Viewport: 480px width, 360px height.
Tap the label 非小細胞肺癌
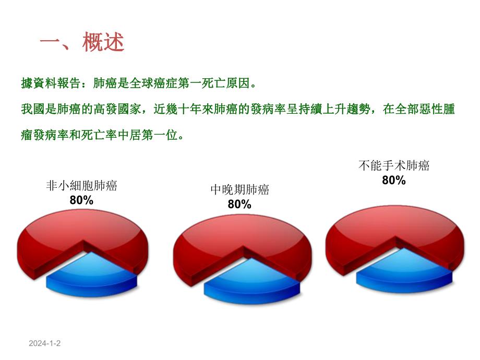coord(82,186)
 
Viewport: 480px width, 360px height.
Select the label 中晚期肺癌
coord(239,190)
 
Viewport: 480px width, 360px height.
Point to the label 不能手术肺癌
coord(394,166)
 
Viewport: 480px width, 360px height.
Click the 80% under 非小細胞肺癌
coord(82,200)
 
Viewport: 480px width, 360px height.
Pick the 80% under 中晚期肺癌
coord(239,205)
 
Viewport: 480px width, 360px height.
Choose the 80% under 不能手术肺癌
coord(394,181)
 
